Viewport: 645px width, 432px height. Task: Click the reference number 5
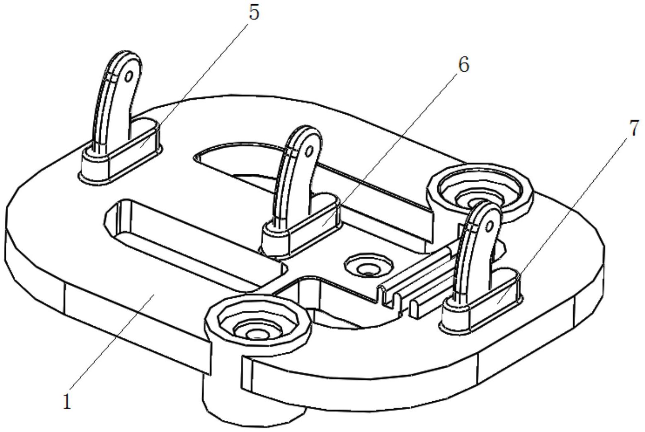pos(254,12)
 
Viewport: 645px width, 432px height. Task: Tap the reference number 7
pos(633,128)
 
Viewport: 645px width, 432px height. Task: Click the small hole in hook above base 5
pos(129,76)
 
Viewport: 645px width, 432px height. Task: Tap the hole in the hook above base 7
pos(489,226)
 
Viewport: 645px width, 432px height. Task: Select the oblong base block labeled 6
pos(301,225)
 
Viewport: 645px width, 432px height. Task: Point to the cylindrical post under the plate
pos(253,403)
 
